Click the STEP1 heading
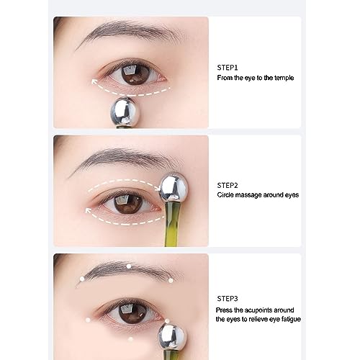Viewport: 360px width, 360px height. (229, 66)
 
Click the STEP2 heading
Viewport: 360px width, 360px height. (229, 185)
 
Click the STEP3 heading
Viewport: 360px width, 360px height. (229, 298)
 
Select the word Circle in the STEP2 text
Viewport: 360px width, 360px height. (228, 194)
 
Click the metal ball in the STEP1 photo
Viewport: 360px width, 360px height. (125, 113)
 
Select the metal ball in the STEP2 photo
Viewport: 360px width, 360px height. (174, 189)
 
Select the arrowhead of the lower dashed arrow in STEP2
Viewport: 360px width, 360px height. (89, 211)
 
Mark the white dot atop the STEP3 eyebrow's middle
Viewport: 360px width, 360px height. (128, 266)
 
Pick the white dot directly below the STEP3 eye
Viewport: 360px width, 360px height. (130, 337)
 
